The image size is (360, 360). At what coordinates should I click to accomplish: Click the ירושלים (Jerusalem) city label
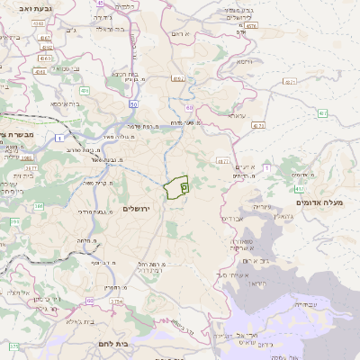[x=139, y=208]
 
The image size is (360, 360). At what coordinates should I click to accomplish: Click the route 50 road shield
[x=133, y=103]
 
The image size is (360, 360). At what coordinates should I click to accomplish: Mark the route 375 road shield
[x=13, y=346]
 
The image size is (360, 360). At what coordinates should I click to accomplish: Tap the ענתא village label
[x=238, y=117]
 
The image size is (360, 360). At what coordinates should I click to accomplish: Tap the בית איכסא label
[x=67, y=103]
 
